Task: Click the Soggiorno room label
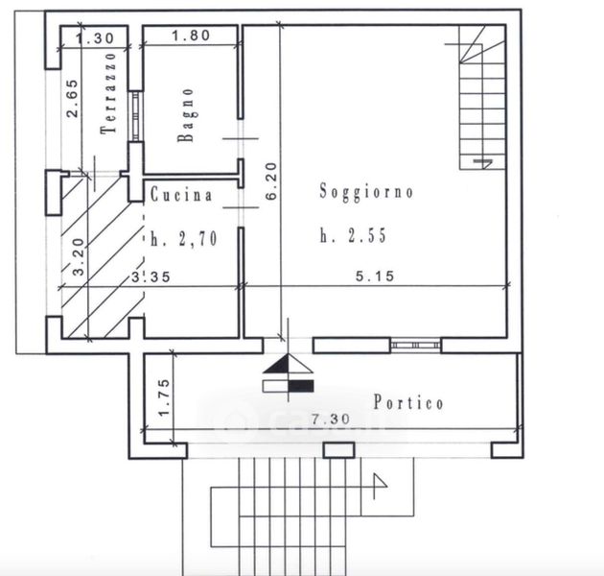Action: tap(366, 191)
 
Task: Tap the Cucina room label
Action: tap(181, 194)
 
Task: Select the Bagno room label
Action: tap(185, 115)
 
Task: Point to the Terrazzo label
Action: tap(108, 93)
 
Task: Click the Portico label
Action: tap(408, 402)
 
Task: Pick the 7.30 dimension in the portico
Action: tap(331, 419)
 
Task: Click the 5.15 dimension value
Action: tap(375, 276)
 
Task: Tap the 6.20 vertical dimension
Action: tap(271, 180)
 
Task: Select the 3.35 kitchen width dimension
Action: tap(151, 276)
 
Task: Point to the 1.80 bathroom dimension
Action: tap(191, 36)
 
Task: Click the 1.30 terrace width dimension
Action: tap(95, 37)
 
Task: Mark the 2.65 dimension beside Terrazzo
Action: tap(72, 98)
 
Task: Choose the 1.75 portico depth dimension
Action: tap(164, 397)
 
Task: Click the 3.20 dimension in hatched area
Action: tap(79, 257)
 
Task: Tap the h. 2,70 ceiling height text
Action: tap(184, 239)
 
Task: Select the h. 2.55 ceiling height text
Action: tap(353, 235)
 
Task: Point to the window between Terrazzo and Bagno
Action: tap(135, 116)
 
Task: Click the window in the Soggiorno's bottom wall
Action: tap(415, 346)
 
